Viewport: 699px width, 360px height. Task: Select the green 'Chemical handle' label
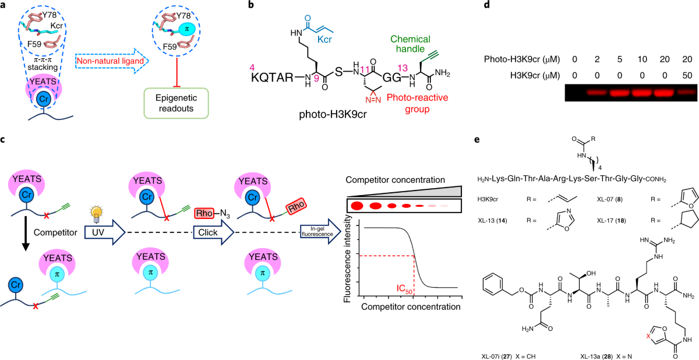[x=410, y=46]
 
